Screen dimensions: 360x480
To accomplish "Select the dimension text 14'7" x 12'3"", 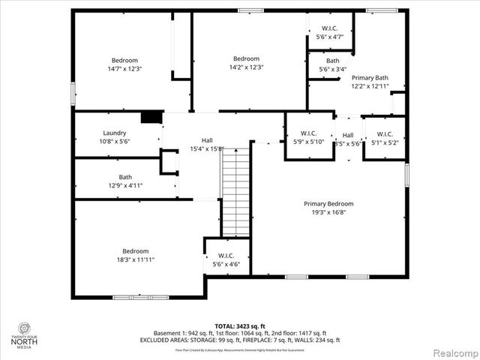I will [x=125, y=68].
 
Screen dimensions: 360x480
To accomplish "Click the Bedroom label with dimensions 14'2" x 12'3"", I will [x=246, y=58].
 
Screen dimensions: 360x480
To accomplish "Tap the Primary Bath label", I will [x=370, y=77].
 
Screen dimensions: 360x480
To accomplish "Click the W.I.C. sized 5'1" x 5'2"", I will [x=385, y=134].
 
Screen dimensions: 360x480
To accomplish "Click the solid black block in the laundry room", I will [x=152, y=116].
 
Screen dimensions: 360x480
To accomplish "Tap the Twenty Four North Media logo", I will [x=25, y=334].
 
